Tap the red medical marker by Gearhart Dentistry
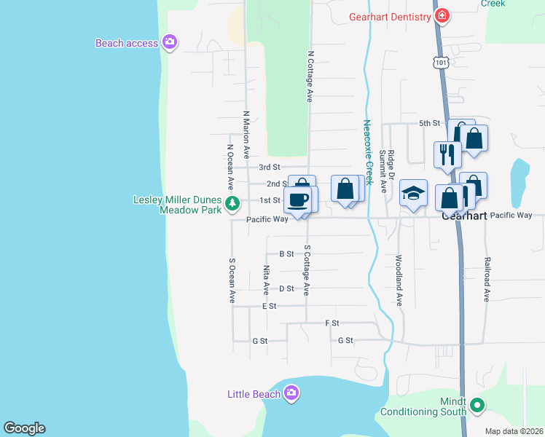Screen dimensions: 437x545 [441, 15]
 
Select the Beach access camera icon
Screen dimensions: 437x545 [170, 43]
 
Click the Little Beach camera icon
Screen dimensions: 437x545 [291, 394]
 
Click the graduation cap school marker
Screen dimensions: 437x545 [413, 193]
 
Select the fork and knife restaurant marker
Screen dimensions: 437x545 [447, 154]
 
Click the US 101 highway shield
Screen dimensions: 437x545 [441, 63]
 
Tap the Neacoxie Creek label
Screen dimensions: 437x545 [368, 152]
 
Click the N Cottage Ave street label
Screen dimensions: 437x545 [310, 76]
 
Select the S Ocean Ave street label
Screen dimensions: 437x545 [232, 280]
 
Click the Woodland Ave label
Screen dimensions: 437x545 [399, 280]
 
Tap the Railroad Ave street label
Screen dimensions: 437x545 [487, 278]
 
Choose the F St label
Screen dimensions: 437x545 [332, 323]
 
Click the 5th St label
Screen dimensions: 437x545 [430, 123]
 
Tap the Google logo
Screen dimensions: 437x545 [24, 428]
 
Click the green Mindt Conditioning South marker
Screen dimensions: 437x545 [477, 404]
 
